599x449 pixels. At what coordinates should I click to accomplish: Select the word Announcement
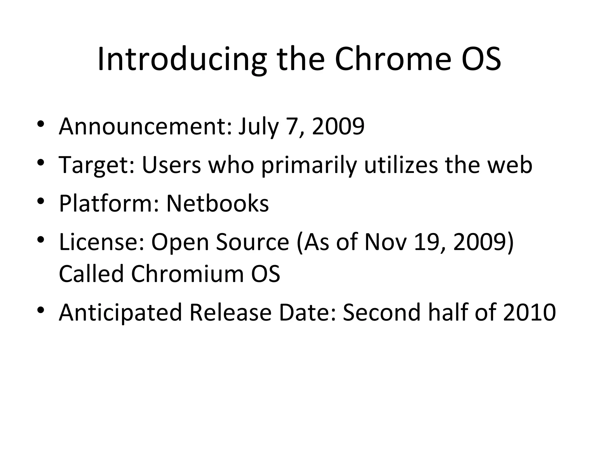145,126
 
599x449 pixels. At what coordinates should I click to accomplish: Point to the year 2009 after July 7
338,126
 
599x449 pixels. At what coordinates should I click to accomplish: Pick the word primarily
309,165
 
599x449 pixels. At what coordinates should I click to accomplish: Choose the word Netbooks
217,203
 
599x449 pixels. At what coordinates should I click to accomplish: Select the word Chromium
187,274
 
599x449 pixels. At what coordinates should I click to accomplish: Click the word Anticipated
121,312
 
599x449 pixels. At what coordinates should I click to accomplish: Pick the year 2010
529,312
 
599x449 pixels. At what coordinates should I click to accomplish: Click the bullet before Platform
41,201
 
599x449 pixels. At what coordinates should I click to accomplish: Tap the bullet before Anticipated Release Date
41,310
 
